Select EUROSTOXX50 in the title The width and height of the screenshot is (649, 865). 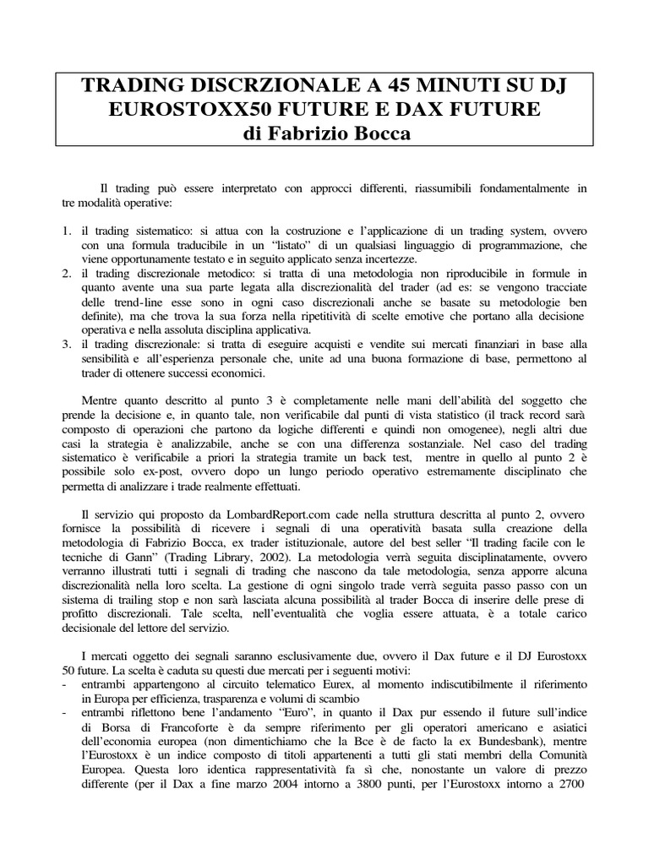tap(197, 111)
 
